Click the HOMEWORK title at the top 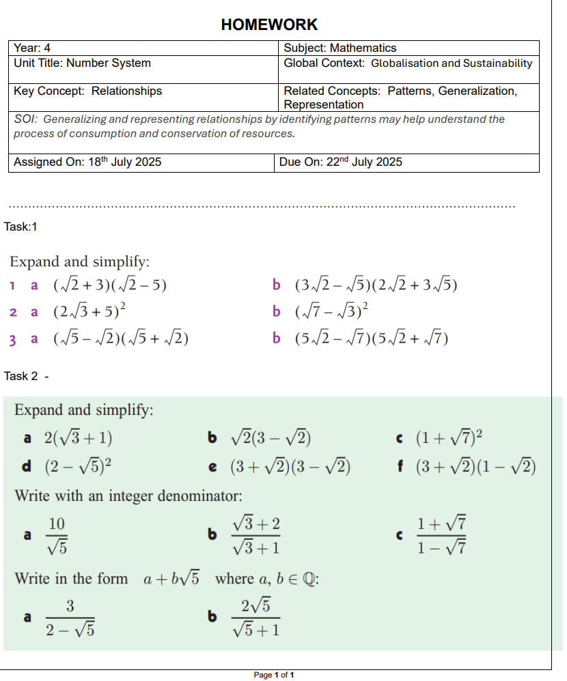click(x=269, y=25)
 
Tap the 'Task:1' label click(x=20, y=227)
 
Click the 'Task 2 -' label click(x=27, y=376)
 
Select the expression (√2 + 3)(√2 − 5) click(x=109, y=285)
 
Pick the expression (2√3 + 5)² click(x=89, y=312)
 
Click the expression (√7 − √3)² click(x=331, y=312)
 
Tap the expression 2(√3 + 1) click(x=78, y=438)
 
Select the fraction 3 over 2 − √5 click(x=70, y=618)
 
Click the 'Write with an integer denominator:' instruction click(x=128, y=495)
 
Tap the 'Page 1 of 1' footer click(x=273, y=675)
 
